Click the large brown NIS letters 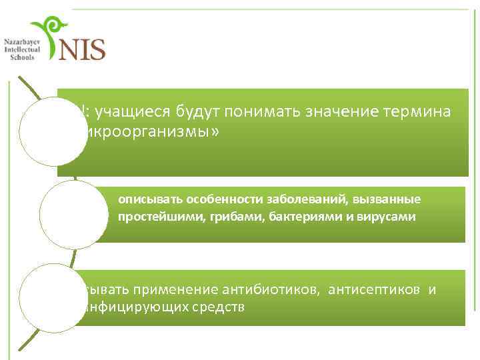tap(82, 48)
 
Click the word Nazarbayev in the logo tap(22, 42)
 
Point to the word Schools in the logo tap(22, 57)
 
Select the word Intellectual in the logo tap(22, 50)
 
